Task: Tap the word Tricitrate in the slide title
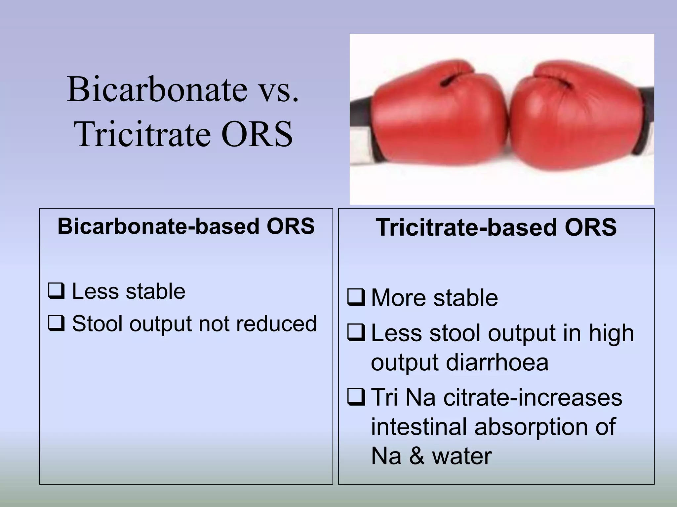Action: click(142, 134)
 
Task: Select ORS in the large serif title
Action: click(257, 134)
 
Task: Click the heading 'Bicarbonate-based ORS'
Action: click(186, 226)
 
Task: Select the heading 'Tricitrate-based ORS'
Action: click(496, 228)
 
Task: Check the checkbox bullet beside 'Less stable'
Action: click(56, 291)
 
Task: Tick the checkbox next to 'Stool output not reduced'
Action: click(56, 323)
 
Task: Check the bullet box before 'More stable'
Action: click(356, 297)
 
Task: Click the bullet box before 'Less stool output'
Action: click(356, 333)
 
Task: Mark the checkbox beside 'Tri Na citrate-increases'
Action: click(356, 397)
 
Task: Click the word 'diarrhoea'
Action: click(497, 362)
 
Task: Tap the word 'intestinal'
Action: click(419, 426)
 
